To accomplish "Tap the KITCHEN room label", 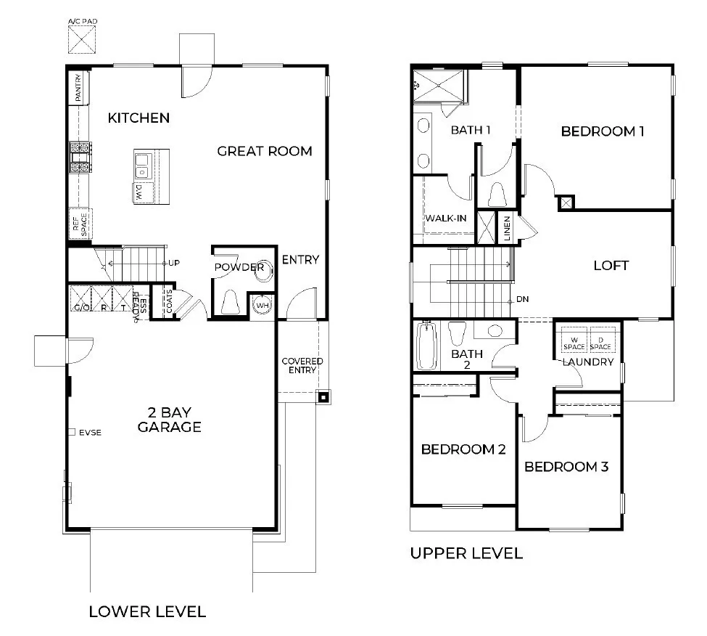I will pyautogui.click(x=138, y=118).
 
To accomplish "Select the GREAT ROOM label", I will pyautogui.click(x=265, y=151).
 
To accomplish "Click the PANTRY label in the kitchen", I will pyautogui.click(x=78, y=88).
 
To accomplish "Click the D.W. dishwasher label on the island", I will pyautogui.click(x=138, y=192).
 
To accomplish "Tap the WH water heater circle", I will pyautogui.click(x=261, y=306).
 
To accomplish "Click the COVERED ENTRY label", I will pyautogui.click(x=302, y=365).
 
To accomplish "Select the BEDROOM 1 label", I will pyautogui.click(x=603, y=131).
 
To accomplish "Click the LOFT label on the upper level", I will pyautogui.click(x=611, y=266).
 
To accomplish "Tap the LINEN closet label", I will pyautogui.click(x=508, y=229).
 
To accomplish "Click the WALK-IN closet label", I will pyautogui.click(x=445, y=218).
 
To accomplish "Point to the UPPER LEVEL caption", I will pyautogui.click(x=466, y=553).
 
